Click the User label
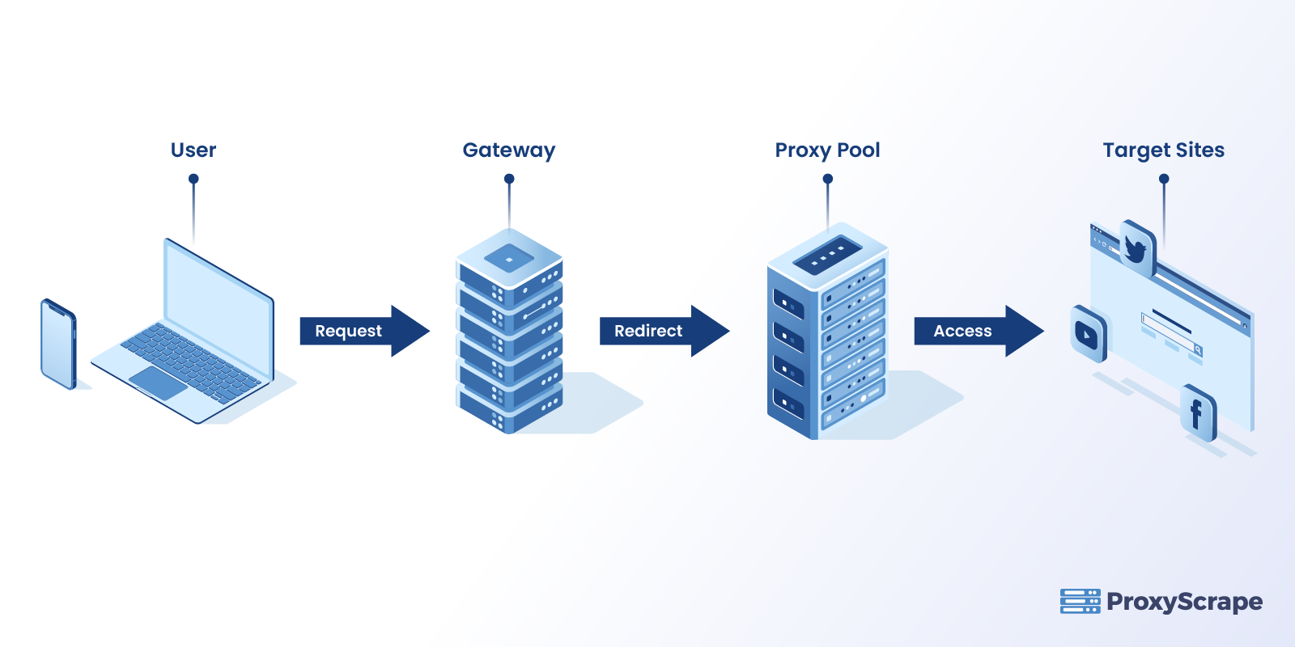coord(193,150)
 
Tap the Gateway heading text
coord(509,150)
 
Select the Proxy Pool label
coord(827,150)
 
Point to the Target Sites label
coord(1163,150)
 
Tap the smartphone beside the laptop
coord(58,344)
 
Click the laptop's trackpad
coord(158,383)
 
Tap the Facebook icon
coord(1197,413)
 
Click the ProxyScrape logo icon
coord(1080,601)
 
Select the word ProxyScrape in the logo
coord(1184,602)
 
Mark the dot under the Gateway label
coord(509,180)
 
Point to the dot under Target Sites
coord(1164,180)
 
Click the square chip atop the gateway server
coord(509,259)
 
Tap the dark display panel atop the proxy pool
coord(822,255)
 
